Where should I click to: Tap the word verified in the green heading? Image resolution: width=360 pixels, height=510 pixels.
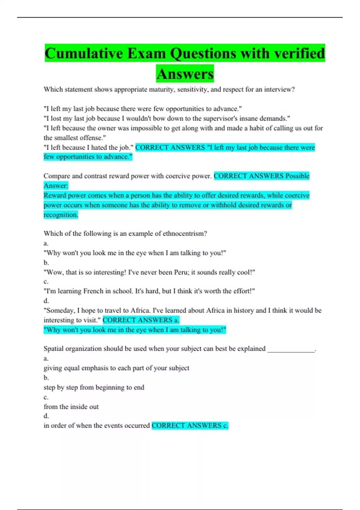(x=299, y=54)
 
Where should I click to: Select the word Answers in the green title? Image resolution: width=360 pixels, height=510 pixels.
(x=185, y=74)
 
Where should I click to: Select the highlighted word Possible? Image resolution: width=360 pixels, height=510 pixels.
(x=297, y=176)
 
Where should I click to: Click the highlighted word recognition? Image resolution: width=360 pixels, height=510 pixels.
(x=61, y=215)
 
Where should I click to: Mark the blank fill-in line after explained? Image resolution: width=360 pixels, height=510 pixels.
(x=291, y=349)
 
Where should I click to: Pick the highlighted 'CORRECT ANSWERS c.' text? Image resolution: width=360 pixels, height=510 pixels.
(x=190, y=426)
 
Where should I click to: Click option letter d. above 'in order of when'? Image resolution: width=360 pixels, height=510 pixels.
(x=46, y=416)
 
